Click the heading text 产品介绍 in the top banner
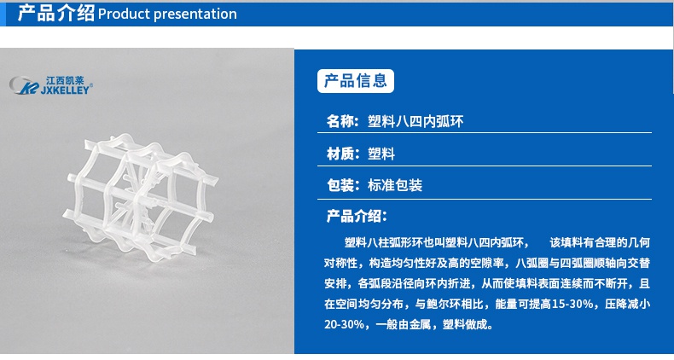coord(55,14)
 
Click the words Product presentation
coord(167,15)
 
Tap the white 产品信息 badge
coord(356,81)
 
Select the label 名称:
coord(342,122)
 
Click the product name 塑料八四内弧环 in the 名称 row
coord(415,122)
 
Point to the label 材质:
coord(342,154)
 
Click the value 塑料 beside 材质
coord(381,154)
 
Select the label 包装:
coord(343,185)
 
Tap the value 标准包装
coord(395,185)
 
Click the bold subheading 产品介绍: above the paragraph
coord(357,216)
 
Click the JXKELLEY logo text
coord(65,90)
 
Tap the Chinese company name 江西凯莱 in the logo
coord(65,80)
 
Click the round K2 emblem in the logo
coord(24,85)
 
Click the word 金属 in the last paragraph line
coord(420,324)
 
